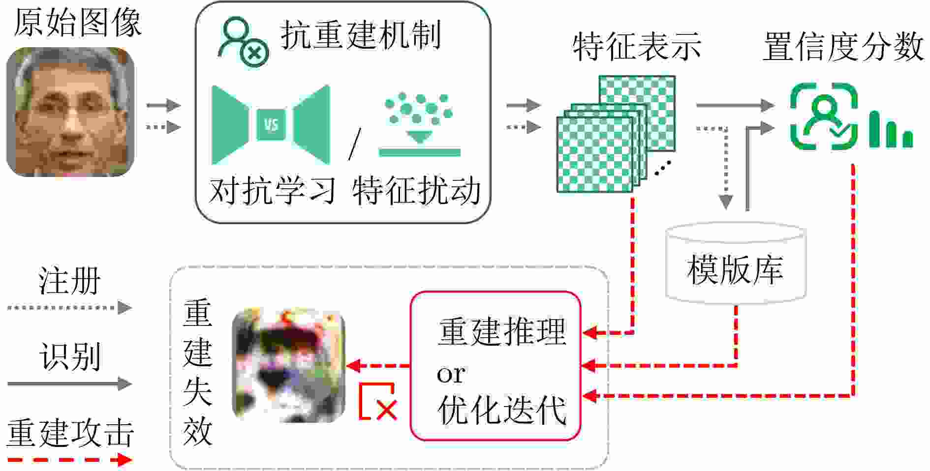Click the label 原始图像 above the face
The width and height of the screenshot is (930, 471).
[x=77, y=23]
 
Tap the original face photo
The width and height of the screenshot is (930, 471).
[x=70, y=112]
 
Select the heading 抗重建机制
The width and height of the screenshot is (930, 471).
[x=361, y=35]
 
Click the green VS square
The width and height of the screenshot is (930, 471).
[x=271, y=124]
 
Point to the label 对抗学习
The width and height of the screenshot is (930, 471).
[x=272, y=191]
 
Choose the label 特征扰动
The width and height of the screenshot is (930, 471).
[x=416, y=191]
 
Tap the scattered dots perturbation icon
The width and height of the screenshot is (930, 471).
[x=419, y=123]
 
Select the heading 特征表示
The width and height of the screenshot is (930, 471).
[x=637, y=47]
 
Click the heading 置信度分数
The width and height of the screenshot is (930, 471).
[x=843, y=47]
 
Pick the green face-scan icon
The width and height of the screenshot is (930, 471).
[x=824, y=117]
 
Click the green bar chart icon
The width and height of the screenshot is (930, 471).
[x=891, y=130]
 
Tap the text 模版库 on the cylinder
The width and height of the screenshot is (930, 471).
[x=735, y=270]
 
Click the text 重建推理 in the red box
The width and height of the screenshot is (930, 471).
[x=502, y=331]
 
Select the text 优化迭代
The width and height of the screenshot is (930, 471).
[x=502, y=410]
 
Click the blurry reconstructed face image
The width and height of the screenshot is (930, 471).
[x=289, y=365]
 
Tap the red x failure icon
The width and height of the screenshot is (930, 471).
[x=378, y=402]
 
